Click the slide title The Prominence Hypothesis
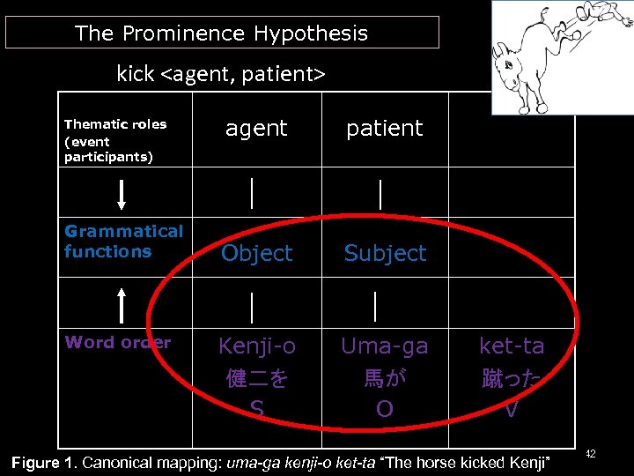pyautogui.click(x=221, y=33)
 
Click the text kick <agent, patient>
pyautogui.click(x=221, y=74)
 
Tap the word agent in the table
pyautogui.click(x=256, y=129)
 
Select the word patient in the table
pyautogui.click(x=384, y=129)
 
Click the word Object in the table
pyautogui.click(x=256, y=254)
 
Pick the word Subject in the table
pyautogui.click(x=385, y=254)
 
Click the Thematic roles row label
pyautogui.click(x=115, y=140)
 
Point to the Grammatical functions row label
pyautogui.click(x=123, y=242)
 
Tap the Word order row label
pyautogui.click(x=117, y=342)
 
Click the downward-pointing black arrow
pyautogui.click(x=122, y=193)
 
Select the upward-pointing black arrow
pyautogui.click(x=122, y=304)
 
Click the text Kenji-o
pyautogui.click(x=257, y=346)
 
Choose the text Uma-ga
pyautogui.click(x=384, y=346)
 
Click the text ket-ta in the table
pyautogui.click(x=512, y=346)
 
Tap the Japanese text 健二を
pyautogui.click(x=256, y=379)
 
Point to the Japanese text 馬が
pyautogui.click(x=384, y=379)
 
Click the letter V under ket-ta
pyautogui.click(x=512, y=410)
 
